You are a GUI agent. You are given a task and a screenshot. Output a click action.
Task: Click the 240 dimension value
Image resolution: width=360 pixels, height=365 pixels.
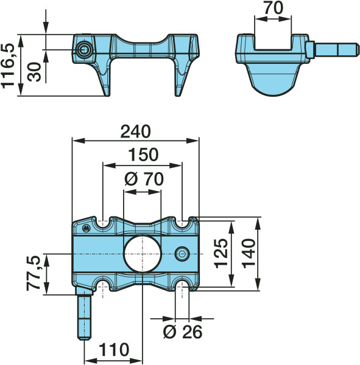(x=135, y=131)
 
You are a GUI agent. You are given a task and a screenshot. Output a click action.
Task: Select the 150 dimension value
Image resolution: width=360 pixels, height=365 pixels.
(x=143, y=155)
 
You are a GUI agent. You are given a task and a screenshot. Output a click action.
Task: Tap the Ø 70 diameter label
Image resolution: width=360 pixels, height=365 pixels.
(x=144, y=179)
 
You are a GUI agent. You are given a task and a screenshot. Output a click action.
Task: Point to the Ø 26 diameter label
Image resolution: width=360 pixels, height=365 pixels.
(x=183, y=332)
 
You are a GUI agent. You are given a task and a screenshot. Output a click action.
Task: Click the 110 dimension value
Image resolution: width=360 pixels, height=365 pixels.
(x=114, y=350)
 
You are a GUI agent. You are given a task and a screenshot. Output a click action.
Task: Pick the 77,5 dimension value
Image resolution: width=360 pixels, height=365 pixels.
(x=34, y=273)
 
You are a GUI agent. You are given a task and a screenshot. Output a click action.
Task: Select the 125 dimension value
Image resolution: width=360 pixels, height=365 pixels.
(x=221, y=253)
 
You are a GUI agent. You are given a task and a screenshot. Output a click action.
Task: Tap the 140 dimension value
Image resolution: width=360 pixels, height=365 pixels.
(x=249, y=253)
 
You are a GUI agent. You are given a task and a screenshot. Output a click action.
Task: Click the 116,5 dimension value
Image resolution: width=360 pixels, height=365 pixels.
(x=8, y=66)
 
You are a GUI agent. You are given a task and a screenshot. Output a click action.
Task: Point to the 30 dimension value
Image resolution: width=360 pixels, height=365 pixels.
(x=34, y=72)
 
